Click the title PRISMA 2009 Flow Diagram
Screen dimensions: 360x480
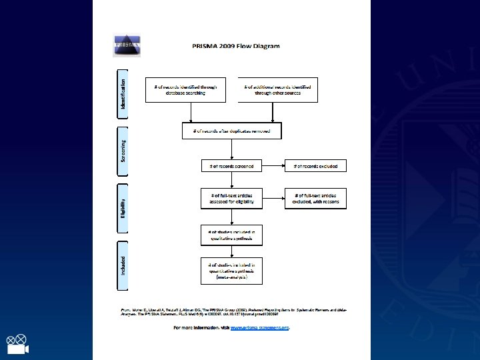(x=237, y=46)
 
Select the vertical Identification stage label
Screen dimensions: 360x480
(x=123, y=90)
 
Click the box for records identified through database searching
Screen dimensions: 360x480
(x=185, y=90)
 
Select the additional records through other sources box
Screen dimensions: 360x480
(x=278, y=90)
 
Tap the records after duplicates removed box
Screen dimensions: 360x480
(x=232, y=131)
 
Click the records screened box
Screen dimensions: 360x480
(x=232, y=165)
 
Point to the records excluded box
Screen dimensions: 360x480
(x=315, y=165)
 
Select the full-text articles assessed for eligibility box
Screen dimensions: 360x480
(x=232, y=198)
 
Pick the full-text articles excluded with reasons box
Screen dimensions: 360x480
(x=315, y=198)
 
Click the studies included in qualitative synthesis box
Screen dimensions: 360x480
(x=232, y=233)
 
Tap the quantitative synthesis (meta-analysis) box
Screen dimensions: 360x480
(x=232, y=272)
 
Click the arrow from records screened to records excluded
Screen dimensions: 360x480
(x=273, y=165)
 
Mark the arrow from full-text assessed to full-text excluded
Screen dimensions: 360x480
(x=273, y=198)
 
